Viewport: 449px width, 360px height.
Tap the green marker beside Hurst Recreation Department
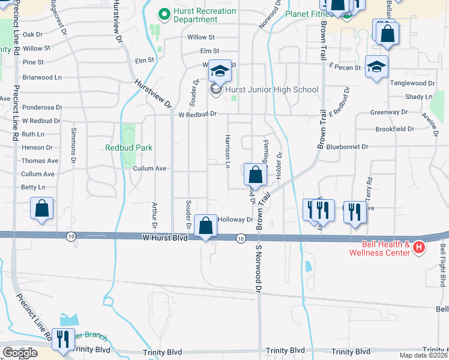162,11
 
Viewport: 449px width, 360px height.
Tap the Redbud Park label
128,148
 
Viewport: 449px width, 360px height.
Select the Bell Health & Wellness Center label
386,248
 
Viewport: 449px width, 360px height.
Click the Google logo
19,352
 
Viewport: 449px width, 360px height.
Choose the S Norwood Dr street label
260,268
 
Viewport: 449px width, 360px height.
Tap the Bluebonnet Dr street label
349,146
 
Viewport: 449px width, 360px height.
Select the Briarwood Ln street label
42,77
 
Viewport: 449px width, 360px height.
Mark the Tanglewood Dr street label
412,83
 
